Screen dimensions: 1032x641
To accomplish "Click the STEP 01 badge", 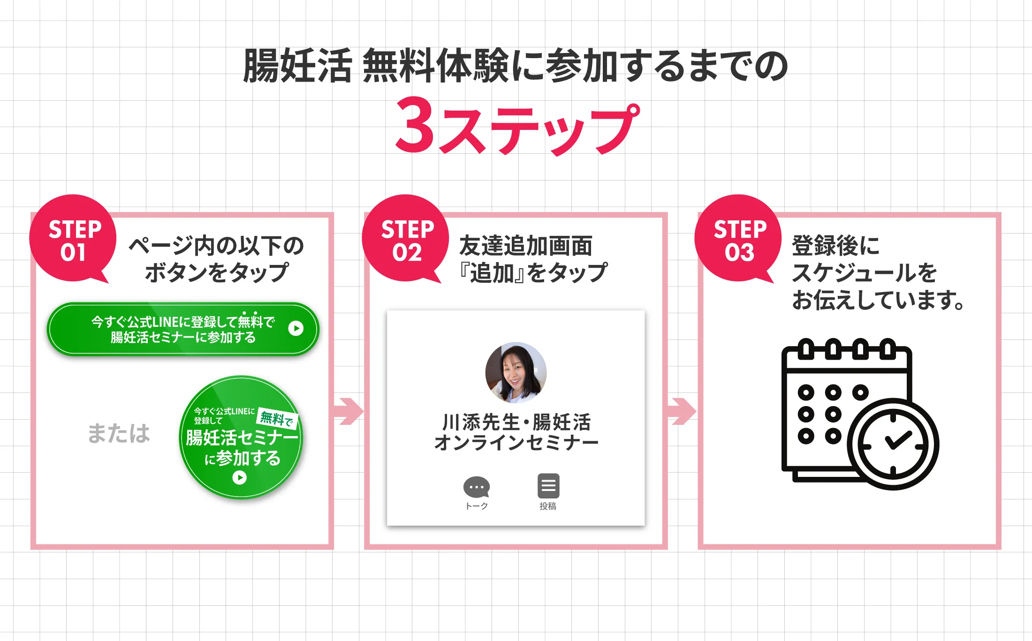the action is coord(73,238).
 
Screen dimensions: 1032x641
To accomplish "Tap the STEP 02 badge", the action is coord(405,238).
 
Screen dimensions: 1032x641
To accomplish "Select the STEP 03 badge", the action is coord(738,238).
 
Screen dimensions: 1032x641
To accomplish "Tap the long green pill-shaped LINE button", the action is coord(183,329).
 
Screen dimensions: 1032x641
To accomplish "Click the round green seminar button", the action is coord(241,437).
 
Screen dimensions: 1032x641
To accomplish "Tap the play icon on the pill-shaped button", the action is coord(296,328).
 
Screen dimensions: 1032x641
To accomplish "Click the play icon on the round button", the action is coord(239,477).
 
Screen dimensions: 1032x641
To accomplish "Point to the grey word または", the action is coord(119,433).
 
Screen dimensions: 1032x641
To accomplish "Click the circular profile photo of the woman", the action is coord(516,372).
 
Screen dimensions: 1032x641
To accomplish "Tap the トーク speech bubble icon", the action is coord(477,487).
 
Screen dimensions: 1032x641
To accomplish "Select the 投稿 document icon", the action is coord(548,486).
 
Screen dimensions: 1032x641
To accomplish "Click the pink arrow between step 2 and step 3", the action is coord(682,411).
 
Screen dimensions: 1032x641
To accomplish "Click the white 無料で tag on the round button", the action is coord(277,418).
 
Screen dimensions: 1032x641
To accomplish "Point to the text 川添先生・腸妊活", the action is coord(516,422).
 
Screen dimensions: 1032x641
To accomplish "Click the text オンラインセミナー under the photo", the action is coord(516,443).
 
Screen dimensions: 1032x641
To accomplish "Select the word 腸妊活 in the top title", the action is coord(297,66).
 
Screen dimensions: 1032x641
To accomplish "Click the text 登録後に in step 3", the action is coord(835,246).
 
